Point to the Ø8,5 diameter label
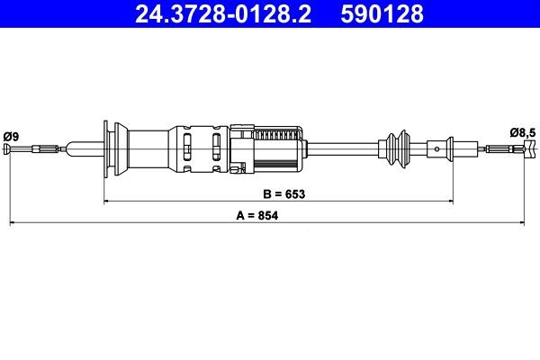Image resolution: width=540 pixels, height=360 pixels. (x=522, y=133)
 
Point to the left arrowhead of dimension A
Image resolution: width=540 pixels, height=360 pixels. (x=12, y=221)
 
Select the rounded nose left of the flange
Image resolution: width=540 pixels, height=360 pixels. (x=85, y=149)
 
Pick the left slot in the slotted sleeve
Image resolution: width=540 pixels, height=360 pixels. (x=187, y=148)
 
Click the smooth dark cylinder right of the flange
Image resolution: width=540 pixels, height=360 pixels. (x=148, y=148)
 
